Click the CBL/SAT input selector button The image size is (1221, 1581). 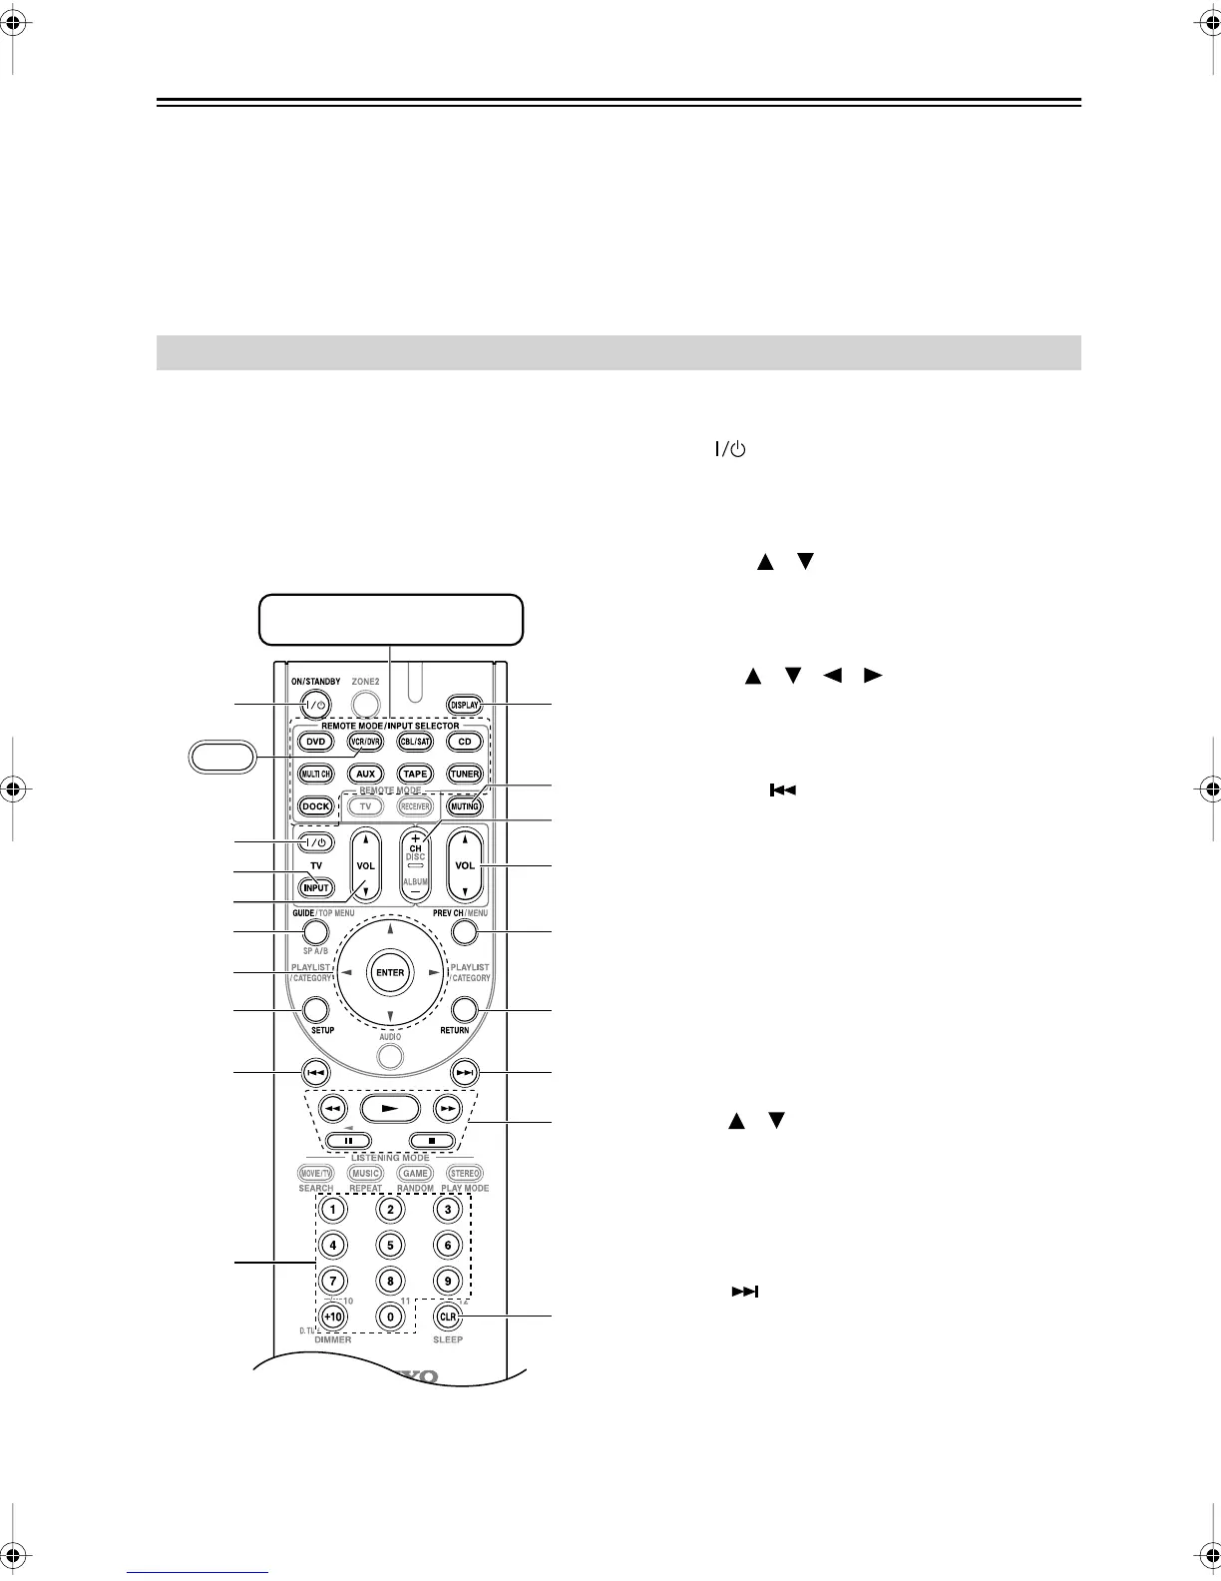(415, 742)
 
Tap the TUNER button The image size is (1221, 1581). (465, 774)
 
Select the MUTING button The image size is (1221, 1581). (465, 805)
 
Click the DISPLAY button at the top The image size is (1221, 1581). (465, 705)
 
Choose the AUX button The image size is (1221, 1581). (365, 774)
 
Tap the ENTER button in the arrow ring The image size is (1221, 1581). (390, 973)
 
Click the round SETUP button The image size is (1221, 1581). (316, 1009)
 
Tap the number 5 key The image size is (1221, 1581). (390, 1245)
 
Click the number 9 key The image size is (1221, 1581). (448, 1281)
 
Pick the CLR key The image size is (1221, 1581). (448, 1317)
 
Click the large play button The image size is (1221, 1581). (390, 1108)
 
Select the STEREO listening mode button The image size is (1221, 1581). (465, 1174)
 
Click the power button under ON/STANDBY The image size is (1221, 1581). (316, 705)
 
